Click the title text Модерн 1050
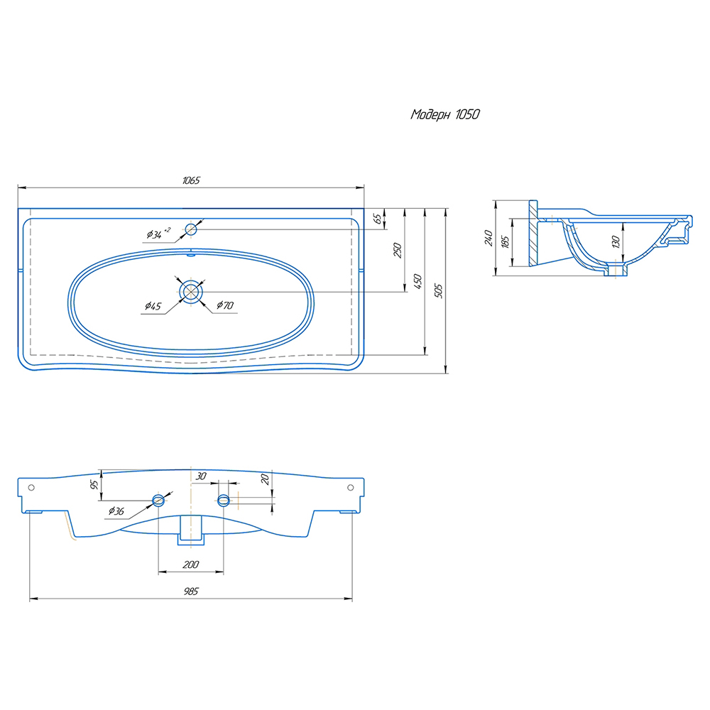(444, 114)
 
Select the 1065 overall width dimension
(191, 180)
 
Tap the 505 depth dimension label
(438, 290)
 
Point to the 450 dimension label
(417, 281)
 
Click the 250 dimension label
(397, 251)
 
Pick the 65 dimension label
(377, 219)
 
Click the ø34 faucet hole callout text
(158, 233)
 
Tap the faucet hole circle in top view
(191, 229)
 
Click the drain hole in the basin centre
(191, 292)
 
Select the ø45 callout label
(153, 306)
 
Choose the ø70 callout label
(225, 305)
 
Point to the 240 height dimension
(488, 238)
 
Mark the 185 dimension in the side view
(506, 241)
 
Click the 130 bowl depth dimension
(616, 242)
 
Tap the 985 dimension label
(191, 591)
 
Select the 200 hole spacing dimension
(191, 564)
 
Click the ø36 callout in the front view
(116, 511)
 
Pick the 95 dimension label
(94, 485)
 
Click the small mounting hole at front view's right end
(351, 488)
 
